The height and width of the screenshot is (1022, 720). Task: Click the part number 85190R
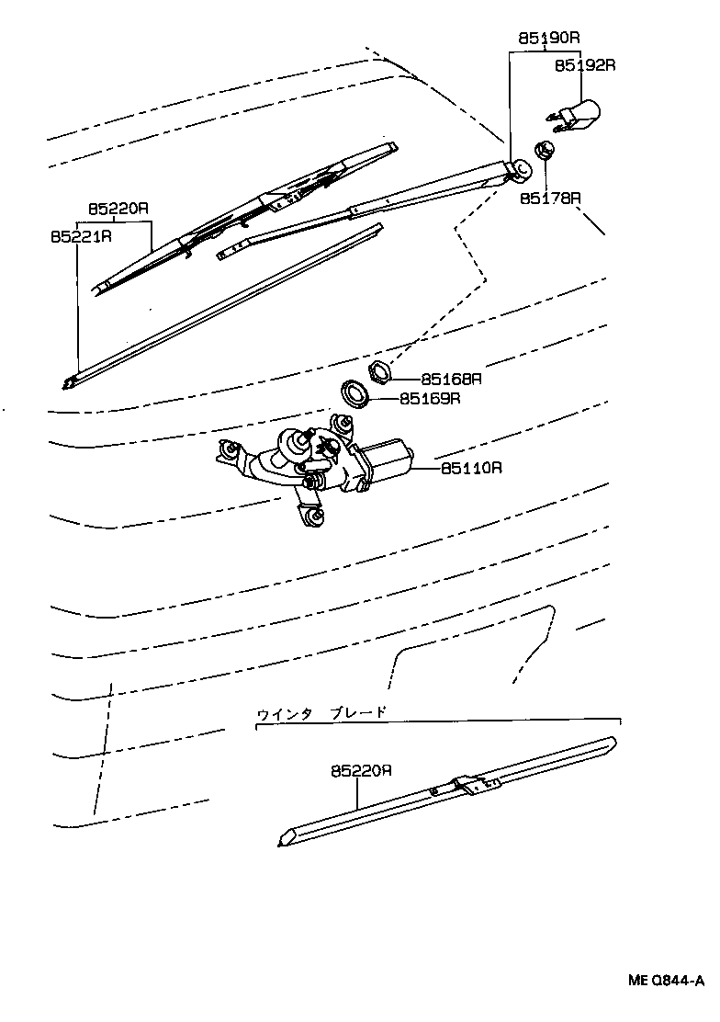click(x=549, y=39)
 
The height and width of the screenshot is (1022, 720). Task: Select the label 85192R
click(x=584, y=65)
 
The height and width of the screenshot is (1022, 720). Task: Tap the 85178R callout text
click(x=551, y=198)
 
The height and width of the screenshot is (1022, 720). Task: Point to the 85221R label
click(x=81, y=236)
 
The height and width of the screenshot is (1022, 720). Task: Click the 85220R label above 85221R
click(x=118, y=209)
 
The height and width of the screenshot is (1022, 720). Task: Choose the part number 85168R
click(x=452, y=378)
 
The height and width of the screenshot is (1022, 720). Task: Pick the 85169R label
click(x=429, y=399)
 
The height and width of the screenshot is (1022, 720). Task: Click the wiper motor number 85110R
click(x=471, y=467)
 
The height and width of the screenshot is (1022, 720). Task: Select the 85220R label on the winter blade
click(x=362, y=772)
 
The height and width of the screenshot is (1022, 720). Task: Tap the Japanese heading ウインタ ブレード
click(x=321, y=711)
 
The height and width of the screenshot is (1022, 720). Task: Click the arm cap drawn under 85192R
click(x=577, y=114)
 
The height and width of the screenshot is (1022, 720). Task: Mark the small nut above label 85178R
click(x=545, y=149)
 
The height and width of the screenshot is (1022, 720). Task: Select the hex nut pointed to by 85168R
click(x=380, y=372)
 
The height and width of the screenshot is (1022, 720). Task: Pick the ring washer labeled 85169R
click(x=355, y=392)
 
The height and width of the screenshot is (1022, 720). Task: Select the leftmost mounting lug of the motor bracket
click(x=226, y=451)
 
